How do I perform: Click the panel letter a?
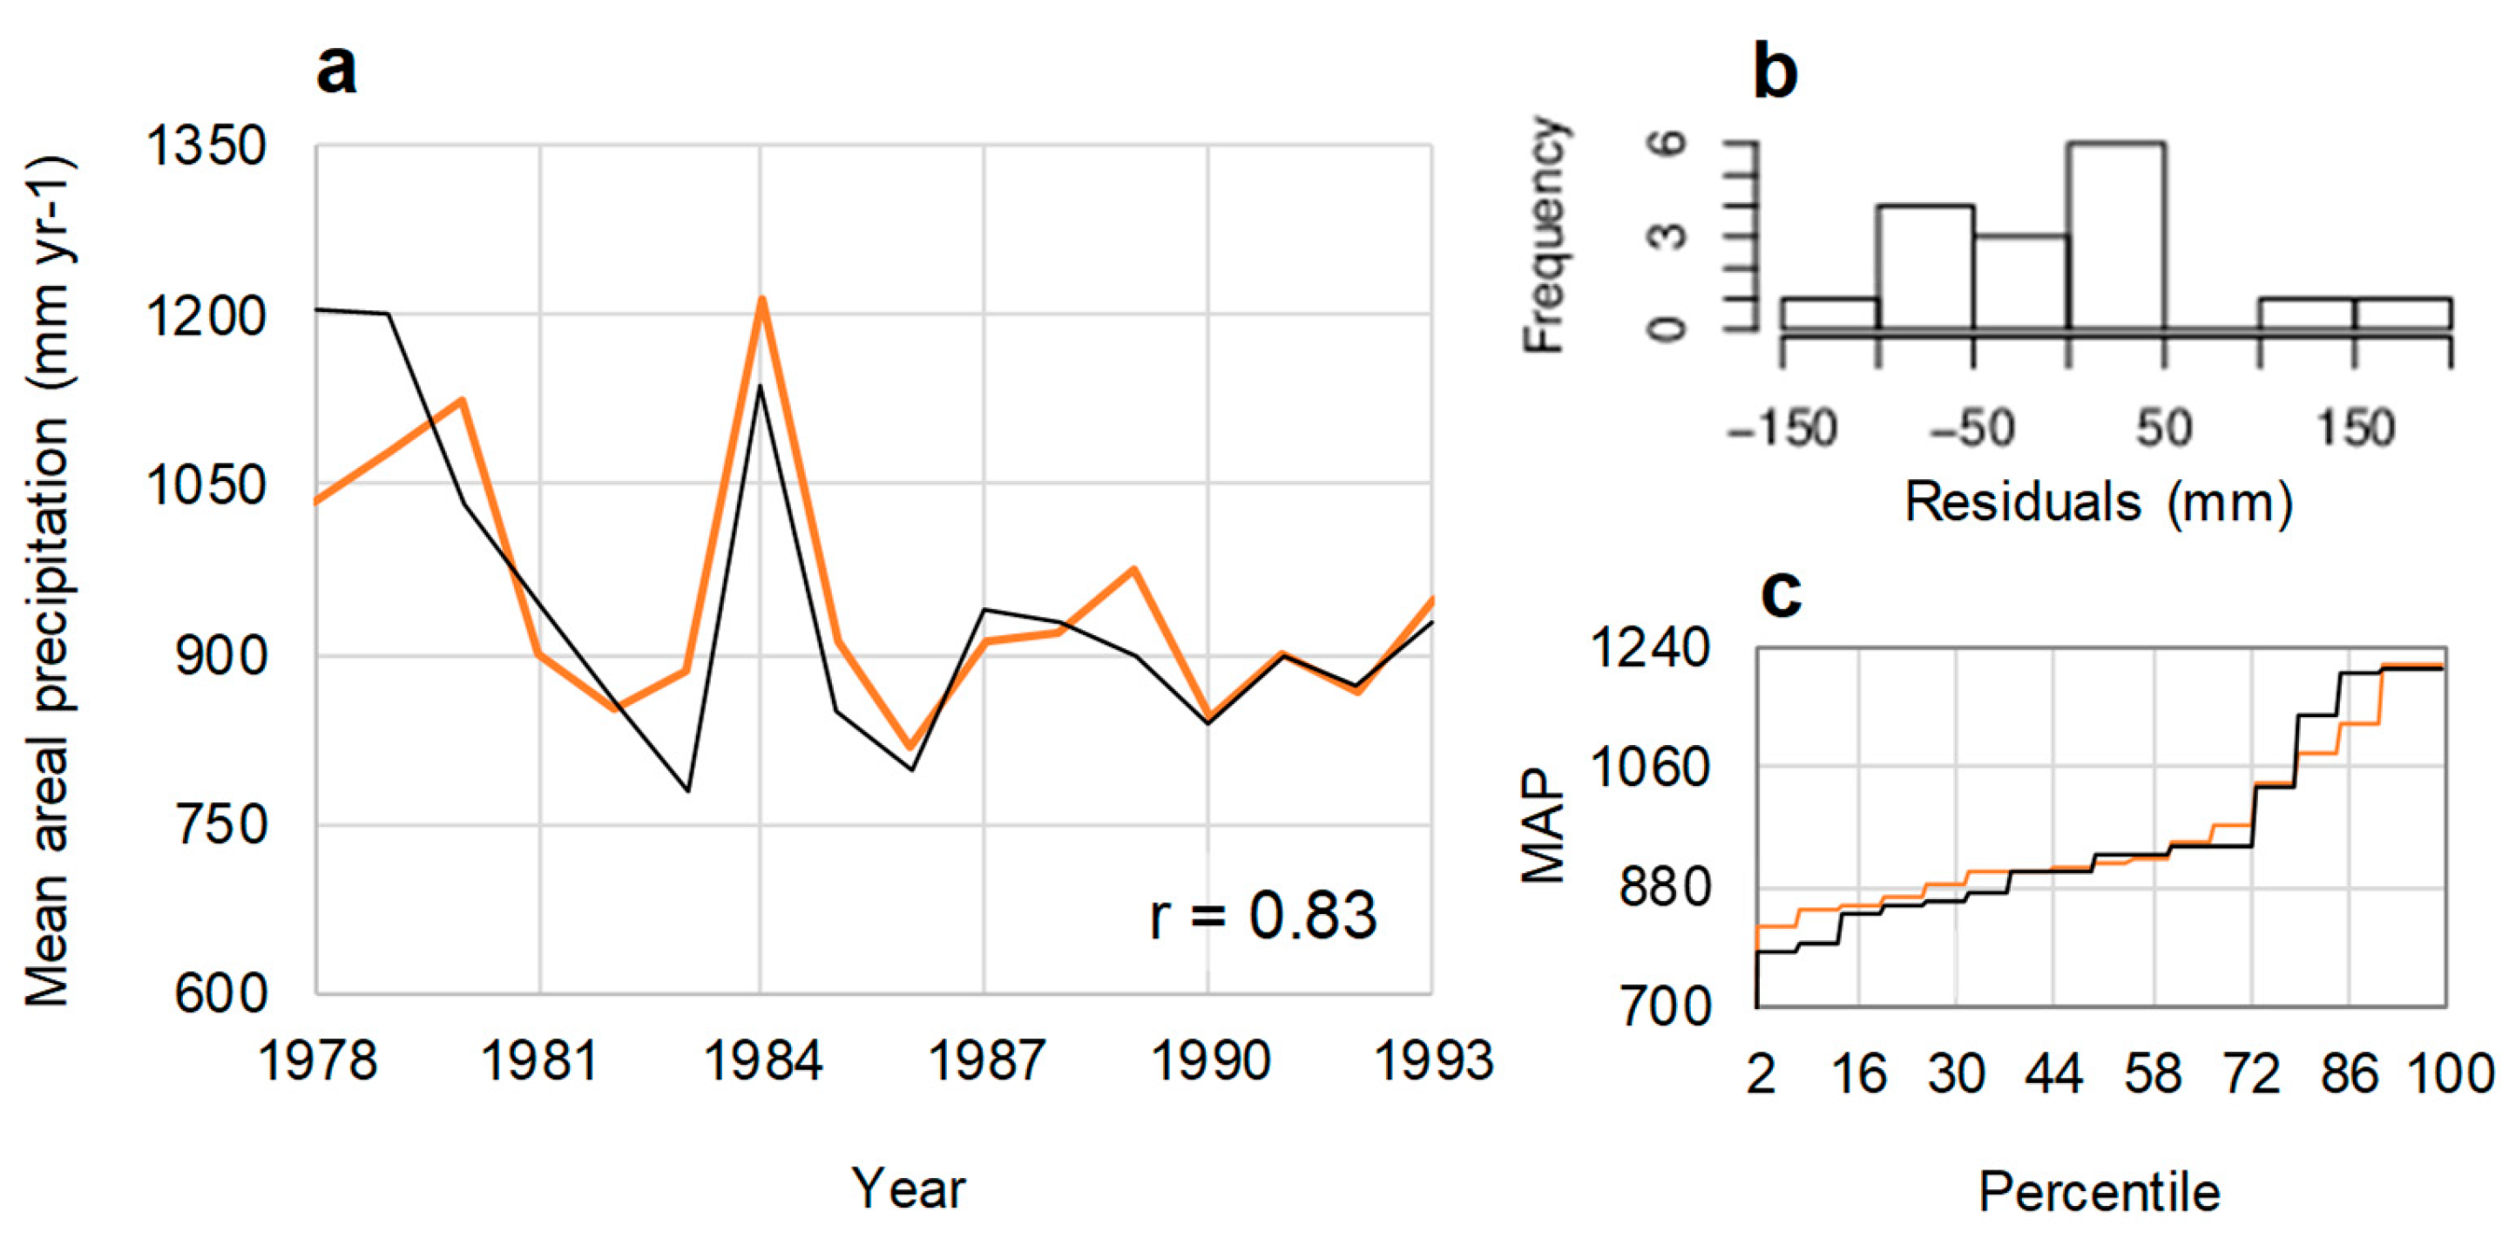click(337, 71)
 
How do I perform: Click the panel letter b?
click(1775, 72)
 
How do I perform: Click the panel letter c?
click(1782, 593)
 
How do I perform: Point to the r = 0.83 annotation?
click(1263, 916)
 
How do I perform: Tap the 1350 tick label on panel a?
click(206, 147)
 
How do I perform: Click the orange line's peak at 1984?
click(762, 300)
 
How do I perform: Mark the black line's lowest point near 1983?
click(688, 790)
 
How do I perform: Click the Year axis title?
click(908, 1188)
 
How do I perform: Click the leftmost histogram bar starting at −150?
click(1830, 314)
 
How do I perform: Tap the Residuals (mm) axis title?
click(2098, 504)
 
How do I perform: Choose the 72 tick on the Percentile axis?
click(2252, 1074)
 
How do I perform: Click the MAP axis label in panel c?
click(1543, 826)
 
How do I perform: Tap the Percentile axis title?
click(2099, 1191)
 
